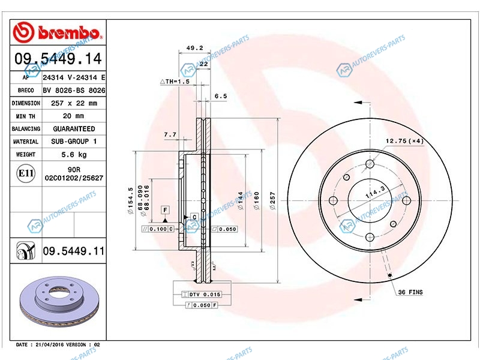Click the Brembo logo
click(57, 32)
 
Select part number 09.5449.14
click(58, 58)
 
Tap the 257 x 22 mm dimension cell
click(74, 103)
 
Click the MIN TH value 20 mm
click(73, 116)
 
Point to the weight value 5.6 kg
click(74, 155)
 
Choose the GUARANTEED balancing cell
click(74, 129)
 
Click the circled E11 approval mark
click(26, 173)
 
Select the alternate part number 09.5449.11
click(73, 251)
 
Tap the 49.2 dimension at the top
click(194, 48)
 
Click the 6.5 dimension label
click(221, 96)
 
